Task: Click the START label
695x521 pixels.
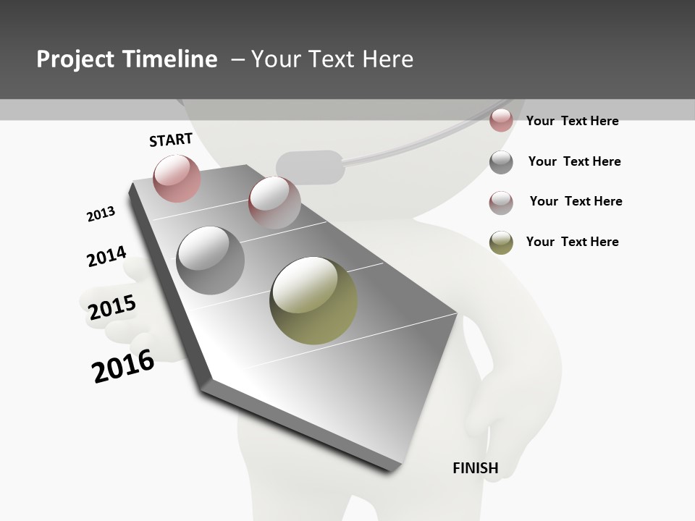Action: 171,140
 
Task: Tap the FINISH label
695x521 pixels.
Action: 476,468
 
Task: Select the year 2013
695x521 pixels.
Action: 101,214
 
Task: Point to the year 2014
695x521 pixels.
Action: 106,257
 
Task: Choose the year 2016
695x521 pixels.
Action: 123,366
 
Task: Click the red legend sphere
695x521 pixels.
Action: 501,120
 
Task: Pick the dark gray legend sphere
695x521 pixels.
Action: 501,162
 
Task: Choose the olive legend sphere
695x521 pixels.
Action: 501,242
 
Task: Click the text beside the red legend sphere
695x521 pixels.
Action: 572,121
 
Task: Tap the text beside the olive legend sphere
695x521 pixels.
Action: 572,242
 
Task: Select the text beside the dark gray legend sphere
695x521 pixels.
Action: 574,161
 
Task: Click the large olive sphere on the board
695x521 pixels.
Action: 313,300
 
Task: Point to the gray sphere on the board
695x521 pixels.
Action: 211,260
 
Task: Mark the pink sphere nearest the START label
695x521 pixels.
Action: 177,178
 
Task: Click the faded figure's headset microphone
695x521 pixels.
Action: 311,167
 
